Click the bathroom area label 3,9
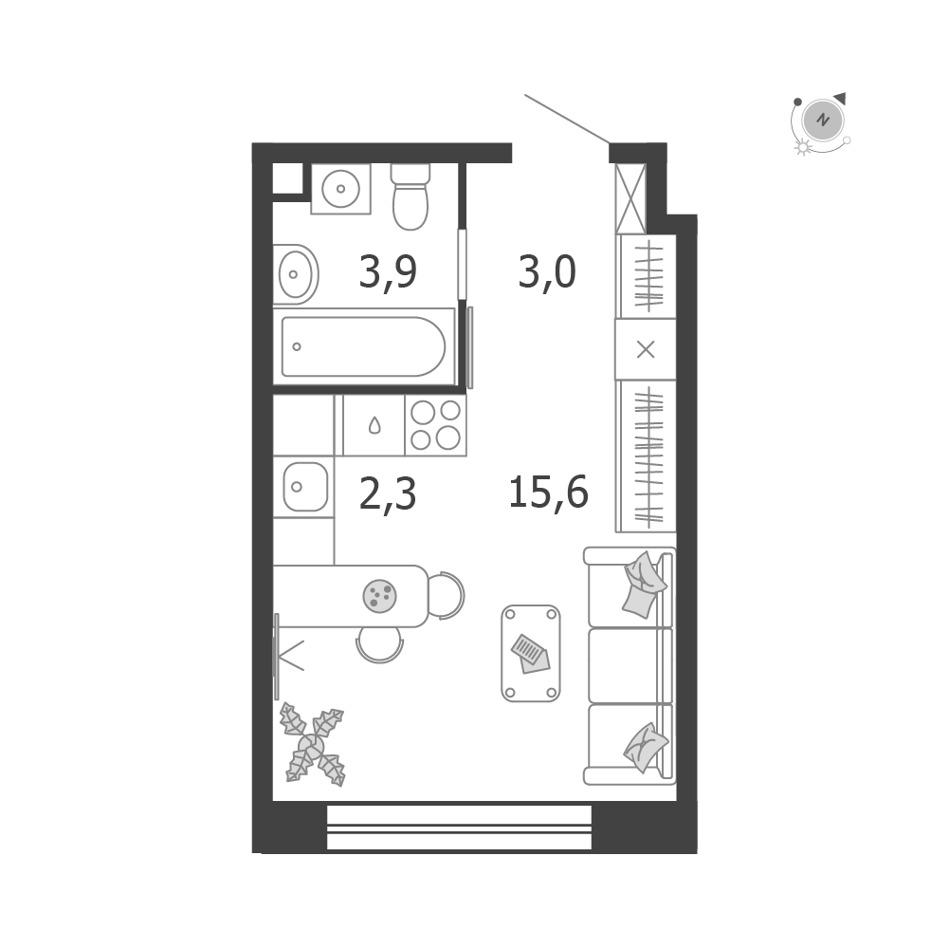[x=388, y=272]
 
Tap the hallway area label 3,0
[x=547, y=272]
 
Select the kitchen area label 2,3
[x=388, y=493]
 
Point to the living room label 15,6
[x=548, y=492]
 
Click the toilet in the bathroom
[x=411, y=197]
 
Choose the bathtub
[x=364, y=346]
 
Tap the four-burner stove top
[x=436, y=425]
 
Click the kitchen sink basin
[x=305, y=487]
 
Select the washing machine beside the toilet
[x=340, y=189]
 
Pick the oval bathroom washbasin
[x=296, y=274]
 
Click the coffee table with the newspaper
[x=531, y=653]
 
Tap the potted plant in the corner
[x=312, y=745]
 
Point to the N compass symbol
[x=823, y=120]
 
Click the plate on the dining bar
[x=379, y=596]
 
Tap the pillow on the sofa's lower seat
[x=646, y=747]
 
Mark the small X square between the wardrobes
[x=646, y=349]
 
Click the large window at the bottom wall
[x=460, y=828]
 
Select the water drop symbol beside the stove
[x=374, y=425]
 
